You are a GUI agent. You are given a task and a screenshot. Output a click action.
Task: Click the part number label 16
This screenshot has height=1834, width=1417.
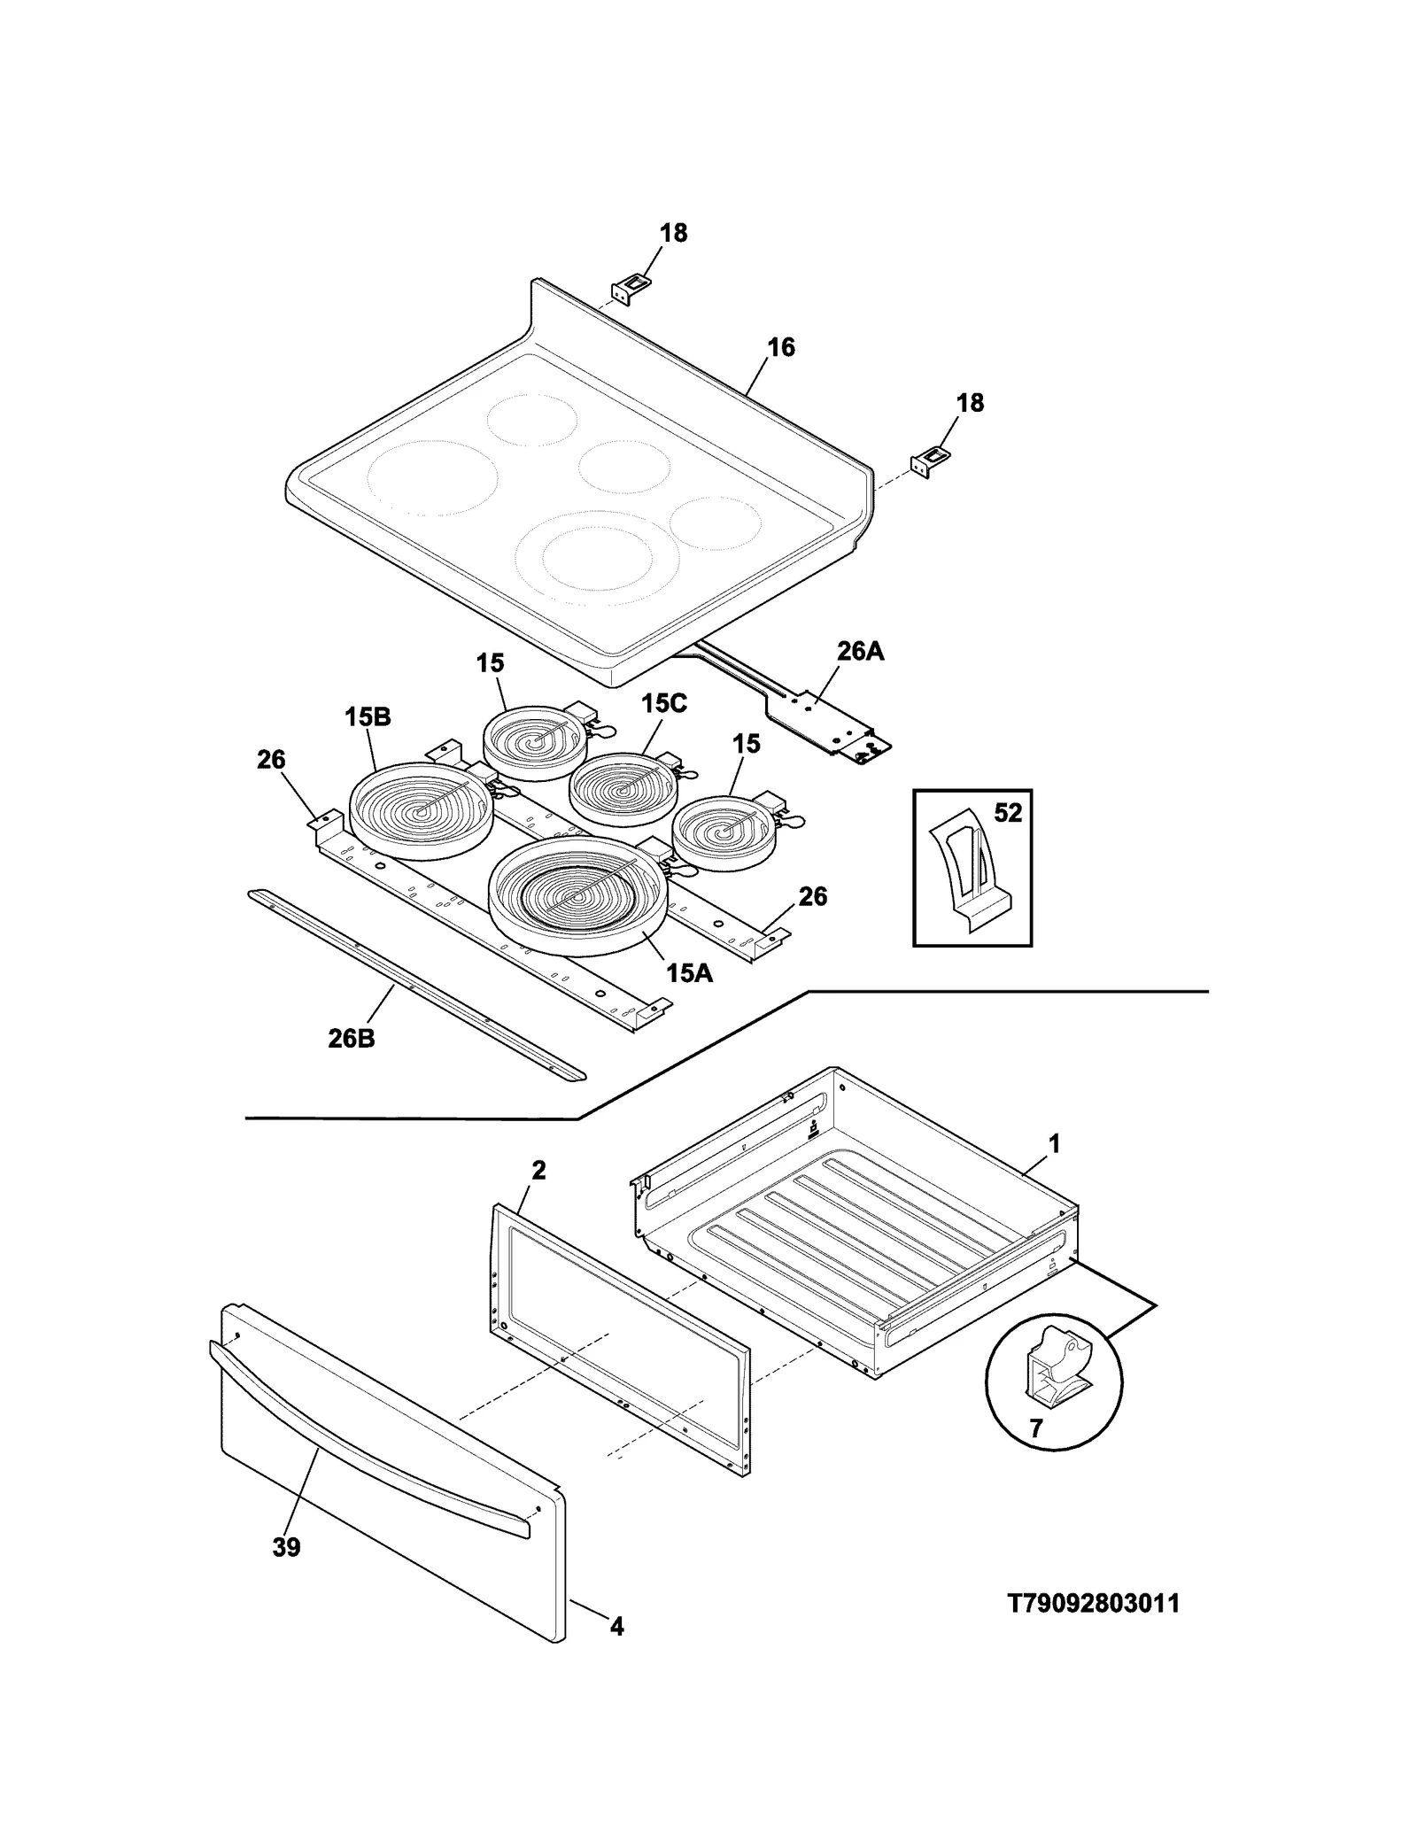tap(780, 347)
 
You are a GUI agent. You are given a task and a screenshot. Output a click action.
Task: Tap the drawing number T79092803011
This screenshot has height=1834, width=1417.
tap(1094, 1604)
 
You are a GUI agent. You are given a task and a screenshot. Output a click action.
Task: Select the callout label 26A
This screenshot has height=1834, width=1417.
tap(860, 652)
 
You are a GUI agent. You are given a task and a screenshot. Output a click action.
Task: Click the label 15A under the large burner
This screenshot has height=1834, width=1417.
tap(689, 973)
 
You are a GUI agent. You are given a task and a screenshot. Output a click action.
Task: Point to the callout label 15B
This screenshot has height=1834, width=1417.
tap(368, 717)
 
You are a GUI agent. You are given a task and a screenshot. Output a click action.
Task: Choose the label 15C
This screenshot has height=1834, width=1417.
tap(664, 703)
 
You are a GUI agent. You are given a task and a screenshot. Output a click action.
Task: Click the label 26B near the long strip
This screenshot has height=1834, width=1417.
tap(351, 1038)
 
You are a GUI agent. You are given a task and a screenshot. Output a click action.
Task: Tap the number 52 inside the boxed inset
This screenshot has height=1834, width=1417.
tap(1008, 812)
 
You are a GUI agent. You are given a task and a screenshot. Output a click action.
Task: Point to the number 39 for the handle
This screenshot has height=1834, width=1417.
tap(286, 1547)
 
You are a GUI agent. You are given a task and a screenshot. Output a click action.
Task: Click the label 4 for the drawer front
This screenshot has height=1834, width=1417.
tap(616, 1626)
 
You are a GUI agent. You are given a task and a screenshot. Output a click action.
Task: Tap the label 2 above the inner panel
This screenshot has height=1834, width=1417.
tap(538, 1170)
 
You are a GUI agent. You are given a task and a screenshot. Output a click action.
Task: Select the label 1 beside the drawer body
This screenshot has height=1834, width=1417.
tap(1054, 1144)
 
